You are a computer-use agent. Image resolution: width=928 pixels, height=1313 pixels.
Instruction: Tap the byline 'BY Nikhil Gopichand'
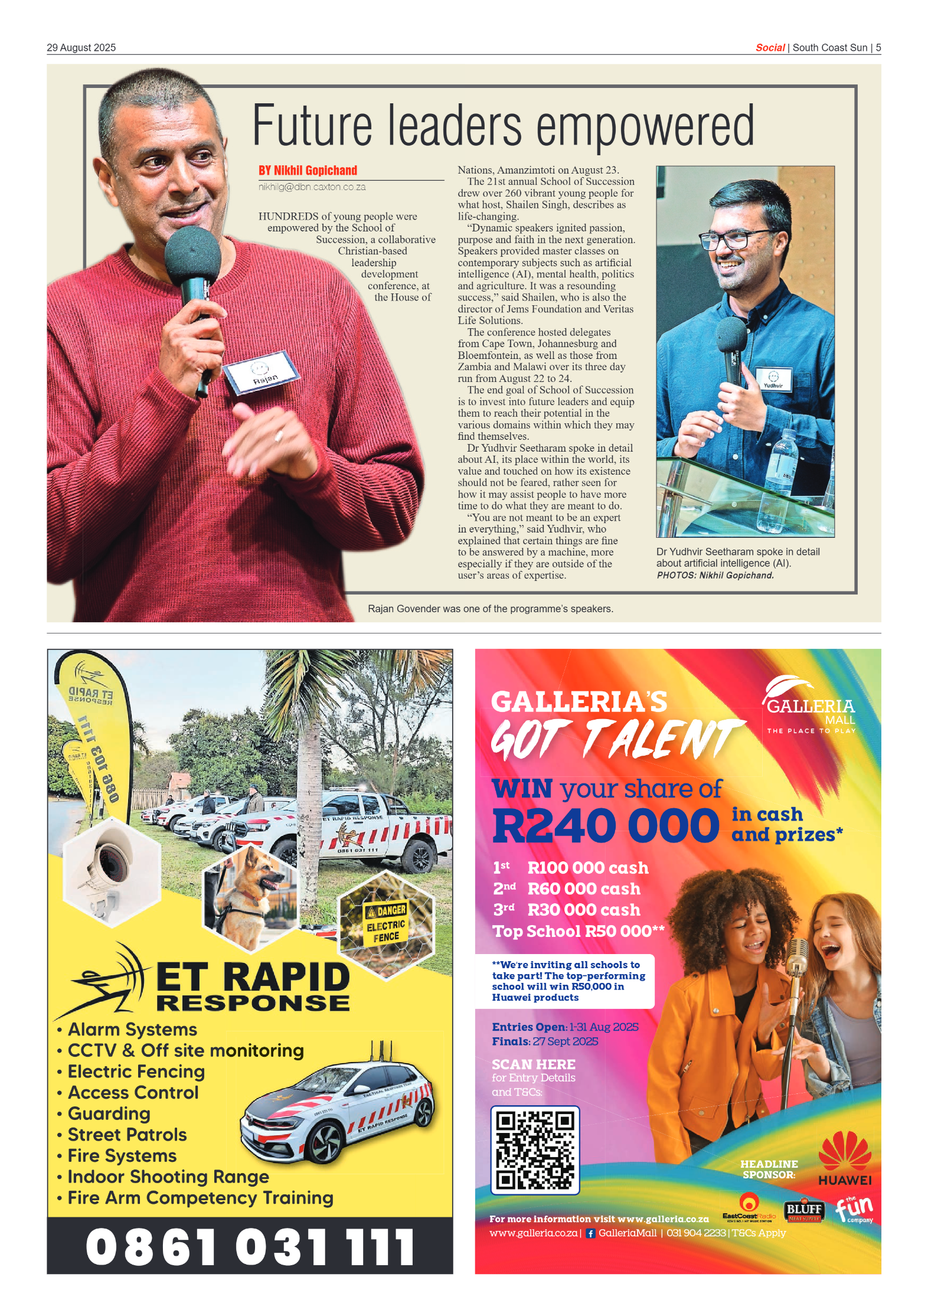pos(308,171)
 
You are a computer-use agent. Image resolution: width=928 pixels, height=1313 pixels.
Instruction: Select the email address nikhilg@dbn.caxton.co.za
pos(312,187)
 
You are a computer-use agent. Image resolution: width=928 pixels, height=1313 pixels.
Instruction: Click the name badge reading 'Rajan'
pos(263,373)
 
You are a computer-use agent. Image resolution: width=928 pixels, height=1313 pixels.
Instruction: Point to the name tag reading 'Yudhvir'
pos(773,380)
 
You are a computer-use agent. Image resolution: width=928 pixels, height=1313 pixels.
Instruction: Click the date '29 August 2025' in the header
pos(81,48)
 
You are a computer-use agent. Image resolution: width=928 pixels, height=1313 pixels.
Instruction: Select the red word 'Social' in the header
pos(770,48)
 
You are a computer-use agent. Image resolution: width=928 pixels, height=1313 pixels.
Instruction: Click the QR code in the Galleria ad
pos(535,1149)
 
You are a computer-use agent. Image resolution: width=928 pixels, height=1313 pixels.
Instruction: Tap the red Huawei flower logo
pos(845,1150)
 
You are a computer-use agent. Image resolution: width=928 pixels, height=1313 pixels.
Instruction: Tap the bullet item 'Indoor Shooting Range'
pos(168,1177)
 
